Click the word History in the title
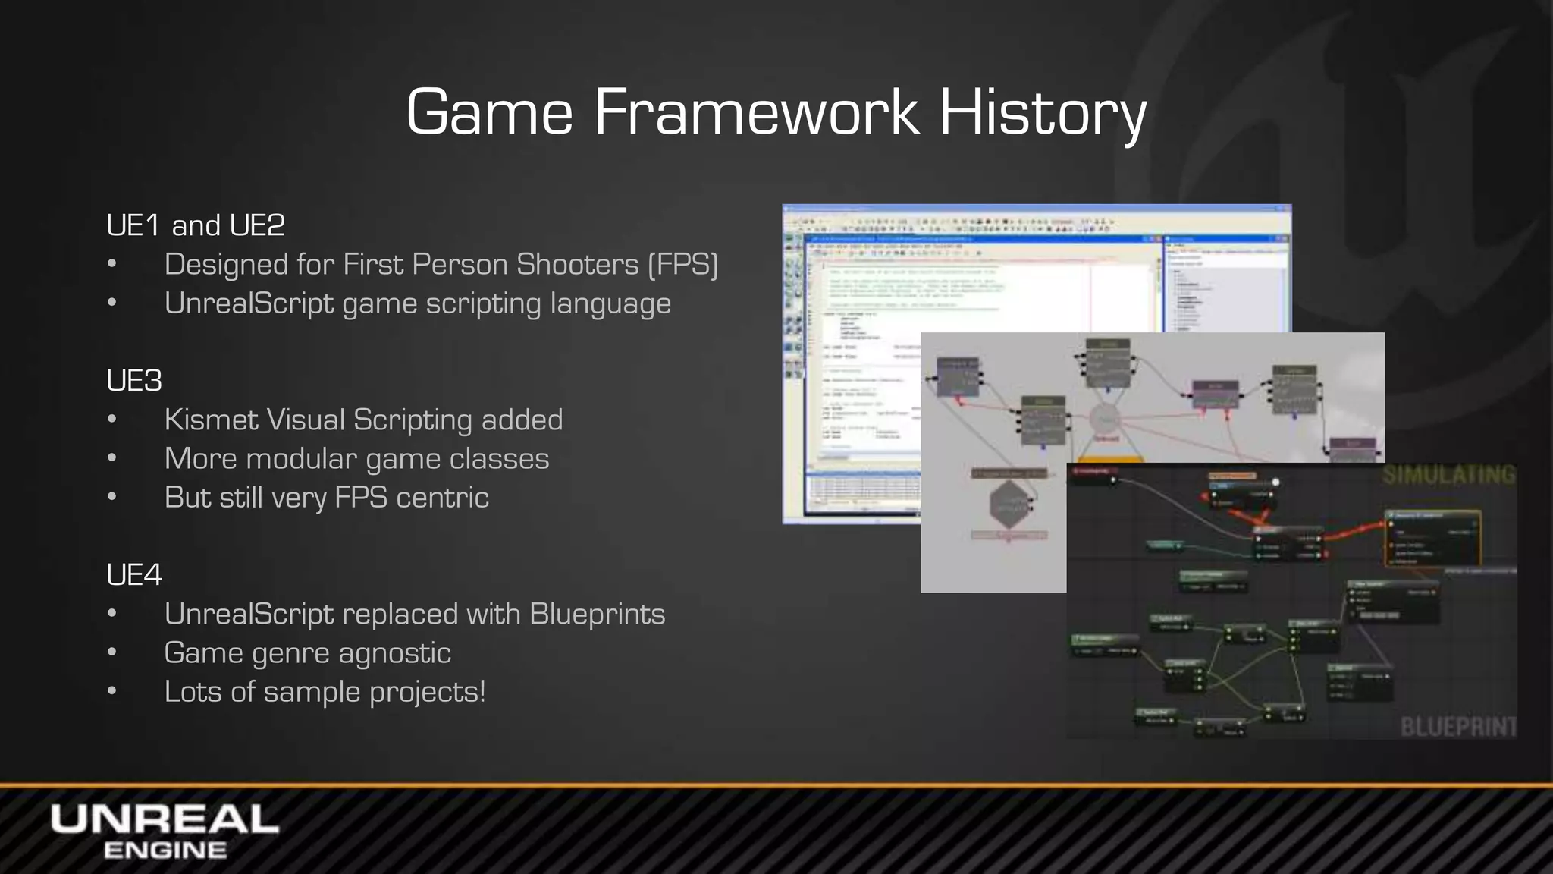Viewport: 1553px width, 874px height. coord(1043,112)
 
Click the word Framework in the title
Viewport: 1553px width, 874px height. coord(755,112)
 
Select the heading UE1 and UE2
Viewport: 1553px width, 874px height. coord(196,225)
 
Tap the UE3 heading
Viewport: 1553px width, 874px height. coord(134,381)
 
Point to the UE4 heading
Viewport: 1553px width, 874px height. coord(134,575)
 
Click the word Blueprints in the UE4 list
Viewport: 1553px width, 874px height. coord(597,614)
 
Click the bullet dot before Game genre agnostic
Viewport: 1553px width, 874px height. coord(112,653)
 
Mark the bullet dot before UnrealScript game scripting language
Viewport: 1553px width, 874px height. coord(112,303)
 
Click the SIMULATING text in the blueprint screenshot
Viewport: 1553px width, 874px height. coord(1448,476)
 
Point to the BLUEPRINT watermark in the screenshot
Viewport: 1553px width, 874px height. coord(1457,727)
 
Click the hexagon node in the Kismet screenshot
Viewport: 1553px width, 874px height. coord(1009,504)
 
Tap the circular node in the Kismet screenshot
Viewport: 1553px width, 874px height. coord(1106,420)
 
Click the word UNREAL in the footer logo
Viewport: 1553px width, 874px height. coord(165,819)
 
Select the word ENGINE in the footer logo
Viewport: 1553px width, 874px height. coord(165,850)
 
